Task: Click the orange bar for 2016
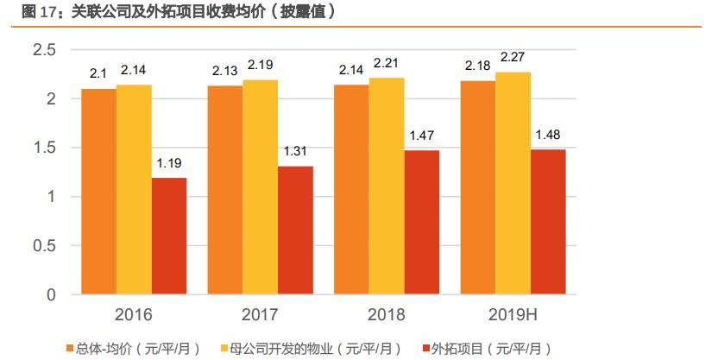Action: pos(98,192)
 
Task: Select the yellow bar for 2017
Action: pos(260,187)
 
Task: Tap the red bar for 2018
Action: pos(421,223)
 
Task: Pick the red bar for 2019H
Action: pos(548,222)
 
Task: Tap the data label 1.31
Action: pos(296,152)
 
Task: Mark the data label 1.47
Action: pos(422,136)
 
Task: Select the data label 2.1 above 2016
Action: pos(98,74)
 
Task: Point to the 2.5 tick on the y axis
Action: pos(43,50)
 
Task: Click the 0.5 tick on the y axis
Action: pos(43,246)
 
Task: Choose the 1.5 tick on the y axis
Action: pos(43,148)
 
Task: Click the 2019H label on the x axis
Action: pos(513,313)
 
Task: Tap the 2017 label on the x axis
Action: pos(260,313)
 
